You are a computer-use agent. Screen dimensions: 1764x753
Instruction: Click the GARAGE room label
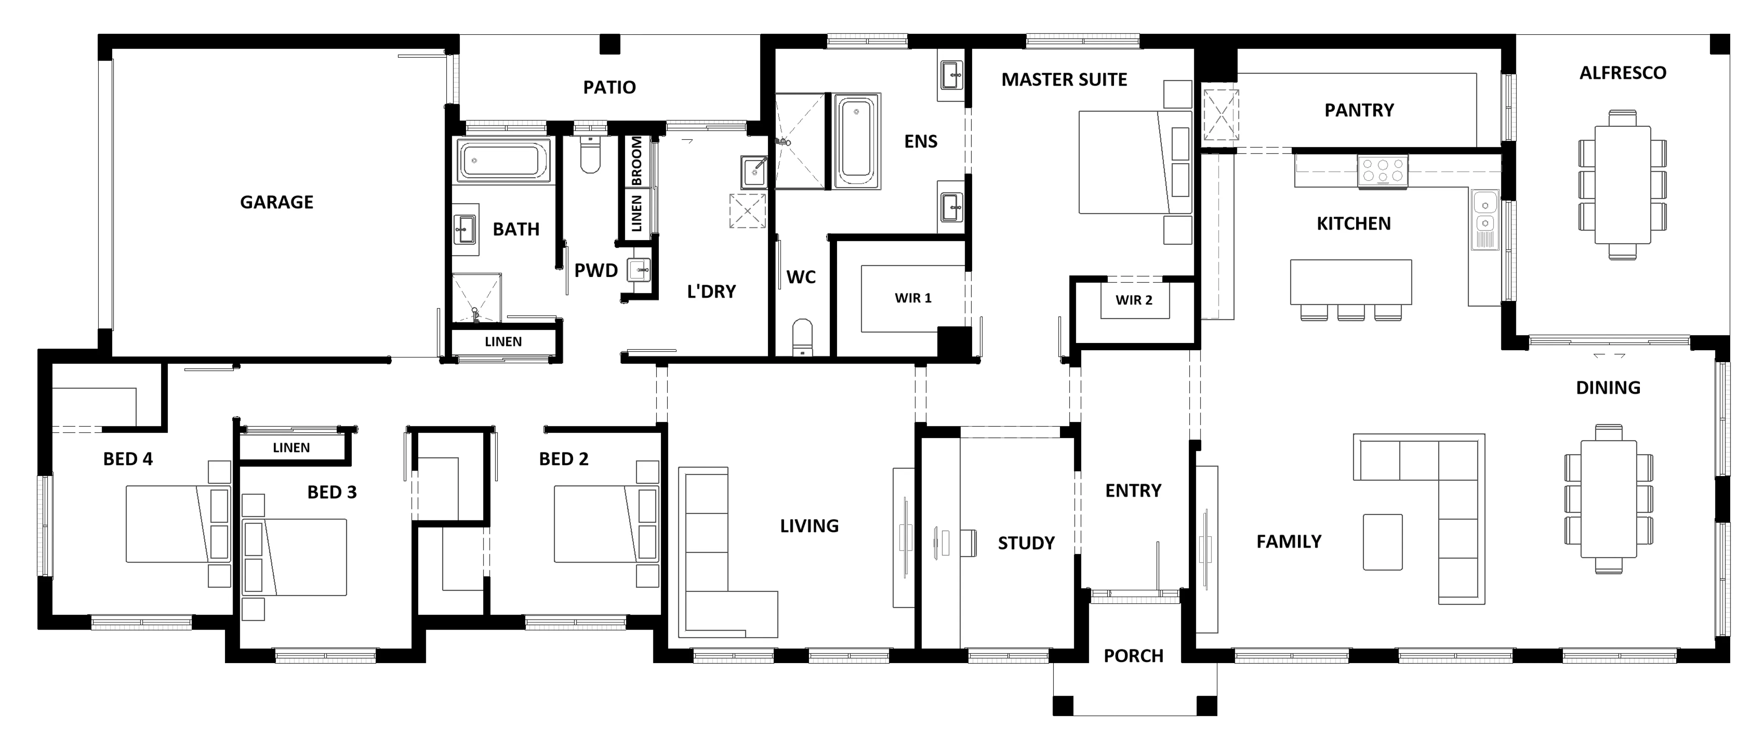point(277,202)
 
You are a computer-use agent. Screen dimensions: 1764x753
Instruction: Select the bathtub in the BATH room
point(503,161)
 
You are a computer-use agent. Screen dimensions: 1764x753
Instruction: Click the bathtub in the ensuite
point(856,141)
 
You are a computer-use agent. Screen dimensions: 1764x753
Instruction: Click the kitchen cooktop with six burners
point(1383,170)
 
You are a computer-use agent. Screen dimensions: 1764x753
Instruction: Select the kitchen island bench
point(1350,282)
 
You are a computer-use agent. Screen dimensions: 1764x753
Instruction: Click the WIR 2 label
point(1134,300)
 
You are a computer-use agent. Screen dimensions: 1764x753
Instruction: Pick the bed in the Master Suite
point(1135,162)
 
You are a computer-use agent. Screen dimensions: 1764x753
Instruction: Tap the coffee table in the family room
point(1383,542)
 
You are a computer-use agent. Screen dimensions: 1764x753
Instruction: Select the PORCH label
point(1133,656)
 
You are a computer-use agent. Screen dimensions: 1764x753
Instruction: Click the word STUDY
point(1026,543)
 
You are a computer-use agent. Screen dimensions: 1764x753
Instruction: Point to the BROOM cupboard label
point(636,161)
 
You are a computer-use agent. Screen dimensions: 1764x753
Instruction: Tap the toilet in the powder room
point(589,155)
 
